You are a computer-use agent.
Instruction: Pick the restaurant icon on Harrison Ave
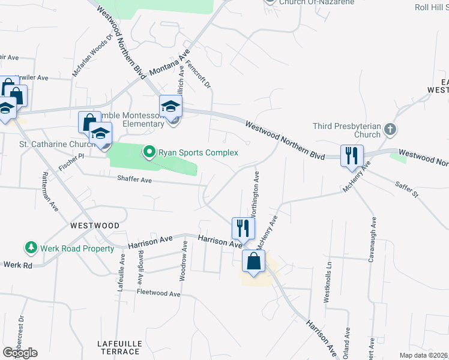(x=243, y=228)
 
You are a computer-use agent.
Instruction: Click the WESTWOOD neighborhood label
(x=94, y=226)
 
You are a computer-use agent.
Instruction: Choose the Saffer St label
(x=406, y=190)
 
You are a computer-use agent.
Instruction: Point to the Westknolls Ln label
(x=328, y=281)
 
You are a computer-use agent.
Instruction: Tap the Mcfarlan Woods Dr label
(x=92, y=55)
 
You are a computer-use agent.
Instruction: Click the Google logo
(x=20, y=353)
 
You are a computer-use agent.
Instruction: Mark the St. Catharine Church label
(x=53, y=145)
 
